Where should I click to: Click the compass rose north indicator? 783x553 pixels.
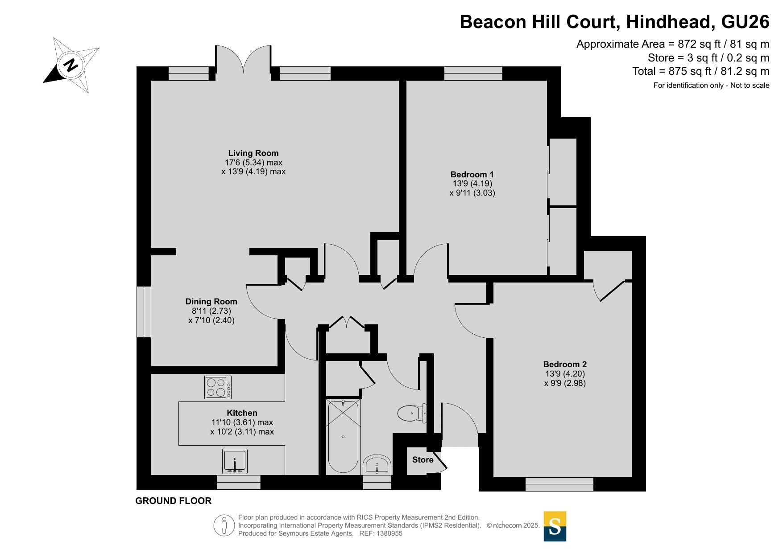tap(71, 65)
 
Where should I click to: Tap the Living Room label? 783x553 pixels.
tap(253, 153)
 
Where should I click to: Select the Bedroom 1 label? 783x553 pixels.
tap(472, 175)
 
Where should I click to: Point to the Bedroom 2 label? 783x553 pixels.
tap(565, 365)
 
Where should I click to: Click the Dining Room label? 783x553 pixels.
tap(211, 302)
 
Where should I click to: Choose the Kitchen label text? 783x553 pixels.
tap(242, 413)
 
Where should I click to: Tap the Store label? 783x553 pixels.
tap(423, 460)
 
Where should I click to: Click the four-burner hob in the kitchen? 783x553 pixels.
tap(218, 387)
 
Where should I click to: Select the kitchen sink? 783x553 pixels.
tap(235, 461)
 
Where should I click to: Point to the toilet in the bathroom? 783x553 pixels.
tap(412, 413)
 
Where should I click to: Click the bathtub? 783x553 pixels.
tap(343, 437)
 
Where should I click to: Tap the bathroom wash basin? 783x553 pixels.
tap(377, 465)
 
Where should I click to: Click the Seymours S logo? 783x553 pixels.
tap(555, 526)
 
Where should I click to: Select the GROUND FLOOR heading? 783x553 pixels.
tap(173, 501)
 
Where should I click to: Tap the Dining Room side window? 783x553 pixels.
tap(144, 311)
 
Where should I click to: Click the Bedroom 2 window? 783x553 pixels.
tap(559, 484)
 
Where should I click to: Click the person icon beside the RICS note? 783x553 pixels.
tap(224, 525)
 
